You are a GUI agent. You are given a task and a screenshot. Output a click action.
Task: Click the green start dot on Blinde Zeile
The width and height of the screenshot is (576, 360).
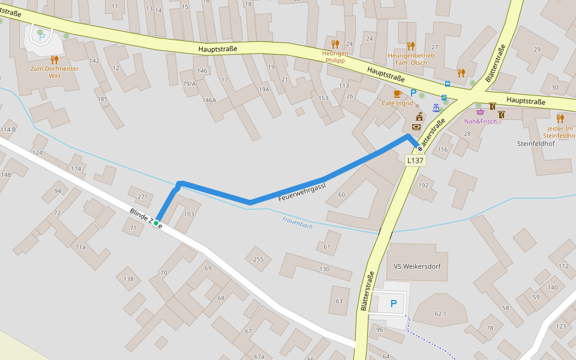coord(156,223)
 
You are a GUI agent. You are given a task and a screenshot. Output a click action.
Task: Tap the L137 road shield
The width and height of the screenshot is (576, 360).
coord(415,160)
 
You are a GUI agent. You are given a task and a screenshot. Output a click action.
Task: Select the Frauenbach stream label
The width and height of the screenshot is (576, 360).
coord(297,223)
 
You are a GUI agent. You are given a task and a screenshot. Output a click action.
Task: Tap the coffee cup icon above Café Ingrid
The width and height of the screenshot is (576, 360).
coord(397,94)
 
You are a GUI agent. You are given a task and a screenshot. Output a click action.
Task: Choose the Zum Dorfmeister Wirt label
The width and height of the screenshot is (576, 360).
coord(55,72)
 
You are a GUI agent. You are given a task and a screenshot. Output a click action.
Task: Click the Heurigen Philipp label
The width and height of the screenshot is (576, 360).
coord(335,57)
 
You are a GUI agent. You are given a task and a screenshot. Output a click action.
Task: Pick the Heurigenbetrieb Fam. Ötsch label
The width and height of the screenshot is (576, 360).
coord(410,59)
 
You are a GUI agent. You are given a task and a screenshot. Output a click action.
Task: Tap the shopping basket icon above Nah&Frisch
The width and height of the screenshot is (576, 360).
coord(480,112)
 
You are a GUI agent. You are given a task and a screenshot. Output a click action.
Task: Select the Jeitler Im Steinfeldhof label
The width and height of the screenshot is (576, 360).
coord(560,132)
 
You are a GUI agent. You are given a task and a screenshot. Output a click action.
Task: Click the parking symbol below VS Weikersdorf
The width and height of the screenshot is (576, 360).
coord(394,304)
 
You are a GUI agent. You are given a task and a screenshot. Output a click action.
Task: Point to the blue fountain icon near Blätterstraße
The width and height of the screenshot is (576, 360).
coord(436,107)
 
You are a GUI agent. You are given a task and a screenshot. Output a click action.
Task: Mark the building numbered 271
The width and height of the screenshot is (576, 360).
coord(142,197)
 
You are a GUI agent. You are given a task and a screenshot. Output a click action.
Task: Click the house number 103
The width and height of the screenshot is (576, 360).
coord(189,214)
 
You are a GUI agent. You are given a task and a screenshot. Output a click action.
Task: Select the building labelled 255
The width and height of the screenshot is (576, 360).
coord(258,259)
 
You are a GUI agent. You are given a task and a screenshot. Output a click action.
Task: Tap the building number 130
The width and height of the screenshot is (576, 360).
coord(325,269)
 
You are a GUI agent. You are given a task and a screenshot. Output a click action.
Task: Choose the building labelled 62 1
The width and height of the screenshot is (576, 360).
coord(440,313)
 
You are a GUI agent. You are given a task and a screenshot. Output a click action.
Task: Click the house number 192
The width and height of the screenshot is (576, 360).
coord(423,185)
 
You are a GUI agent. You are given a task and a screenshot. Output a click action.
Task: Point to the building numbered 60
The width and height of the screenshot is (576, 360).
coord(341,194)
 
